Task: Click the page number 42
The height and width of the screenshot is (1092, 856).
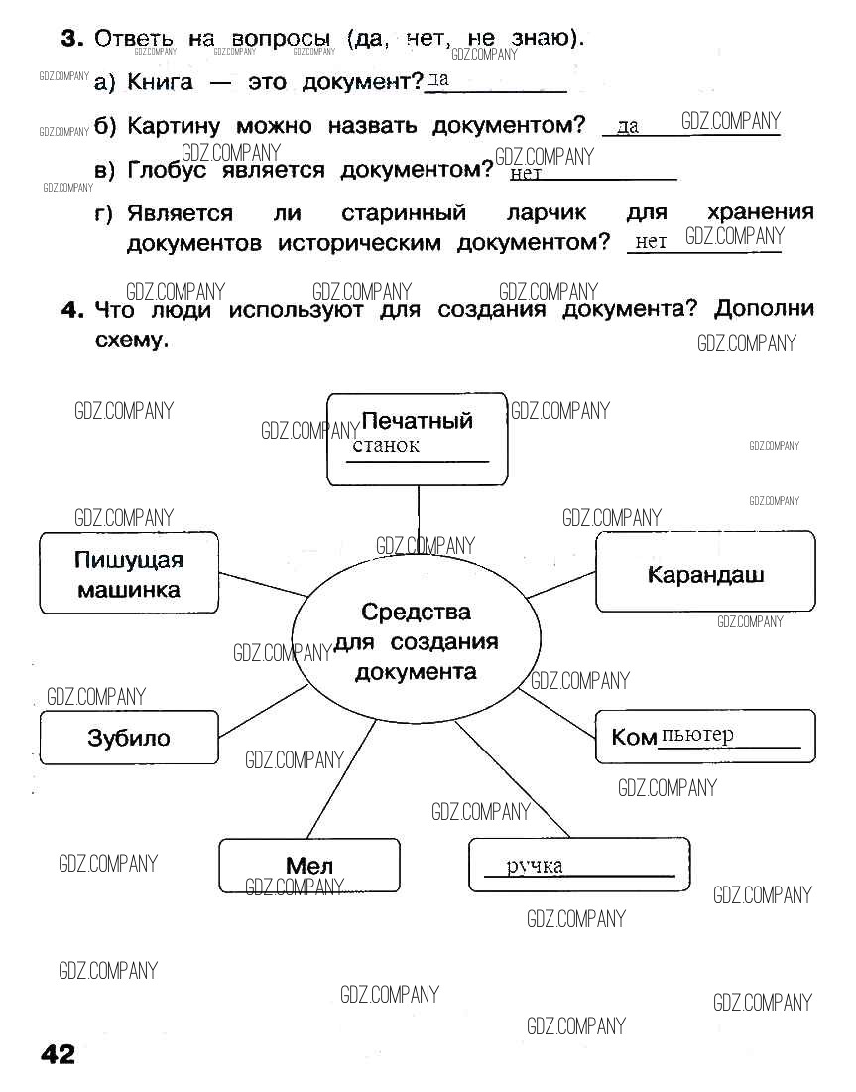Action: (58, 1053)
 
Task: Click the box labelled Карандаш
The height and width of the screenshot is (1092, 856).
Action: (705, 572)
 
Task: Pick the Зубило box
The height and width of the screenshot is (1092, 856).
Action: (129, 738)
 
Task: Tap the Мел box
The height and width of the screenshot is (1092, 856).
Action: (308, 866)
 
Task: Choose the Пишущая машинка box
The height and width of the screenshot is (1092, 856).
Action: (129, 574)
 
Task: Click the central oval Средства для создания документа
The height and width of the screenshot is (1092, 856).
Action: (416, 641)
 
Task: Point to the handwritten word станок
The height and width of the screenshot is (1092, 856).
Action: (386, 445)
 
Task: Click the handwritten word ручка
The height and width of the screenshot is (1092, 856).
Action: (535, 866)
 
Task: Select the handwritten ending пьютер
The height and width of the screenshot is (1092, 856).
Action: (697, 735)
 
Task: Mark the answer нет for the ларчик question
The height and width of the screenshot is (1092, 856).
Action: (651, 241)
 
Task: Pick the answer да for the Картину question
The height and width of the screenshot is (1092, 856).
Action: (628, 127)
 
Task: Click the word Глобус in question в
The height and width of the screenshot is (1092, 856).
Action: (170, 170)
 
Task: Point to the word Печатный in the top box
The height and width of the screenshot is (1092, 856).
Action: (417, 420)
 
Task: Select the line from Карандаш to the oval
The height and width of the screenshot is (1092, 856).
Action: (560, 585)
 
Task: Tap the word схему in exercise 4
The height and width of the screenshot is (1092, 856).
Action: (128, 340)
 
